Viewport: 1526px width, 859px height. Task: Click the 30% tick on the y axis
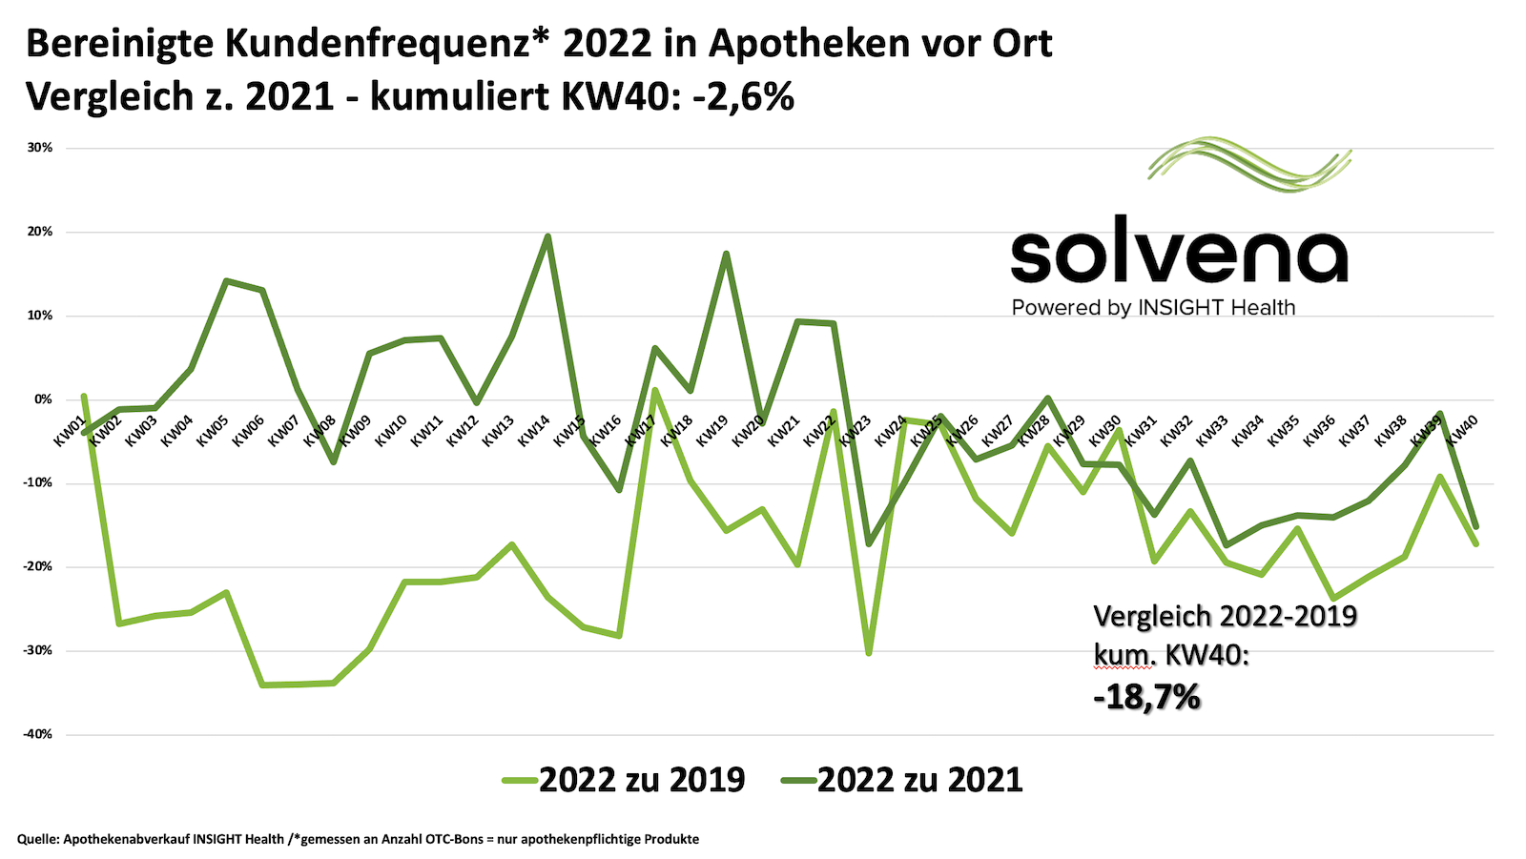[39, 148]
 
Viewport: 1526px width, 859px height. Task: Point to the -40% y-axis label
[36, 734]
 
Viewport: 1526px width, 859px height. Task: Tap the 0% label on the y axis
[43, 399]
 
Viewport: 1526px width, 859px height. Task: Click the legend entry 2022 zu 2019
[624, 780]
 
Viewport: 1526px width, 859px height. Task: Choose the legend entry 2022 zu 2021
[902, 780]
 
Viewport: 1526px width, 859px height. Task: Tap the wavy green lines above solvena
[1249, 164]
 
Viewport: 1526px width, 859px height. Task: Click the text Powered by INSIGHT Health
[1153, 308]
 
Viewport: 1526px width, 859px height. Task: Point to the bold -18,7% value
[1146, 698]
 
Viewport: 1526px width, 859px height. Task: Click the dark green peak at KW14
[547, 236]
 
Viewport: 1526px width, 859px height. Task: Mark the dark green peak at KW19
[726, 254]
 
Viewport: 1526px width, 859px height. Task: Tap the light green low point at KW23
[869, 653]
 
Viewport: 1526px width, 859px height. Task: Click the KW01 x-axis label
[70, 431]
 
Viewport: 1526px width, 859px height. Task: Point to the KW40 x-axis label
[1463, 431]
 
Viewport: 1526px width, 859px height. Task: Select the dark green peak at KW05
[226, 281]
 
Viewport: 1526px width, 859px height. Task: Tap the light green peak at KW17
[655, 389]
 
